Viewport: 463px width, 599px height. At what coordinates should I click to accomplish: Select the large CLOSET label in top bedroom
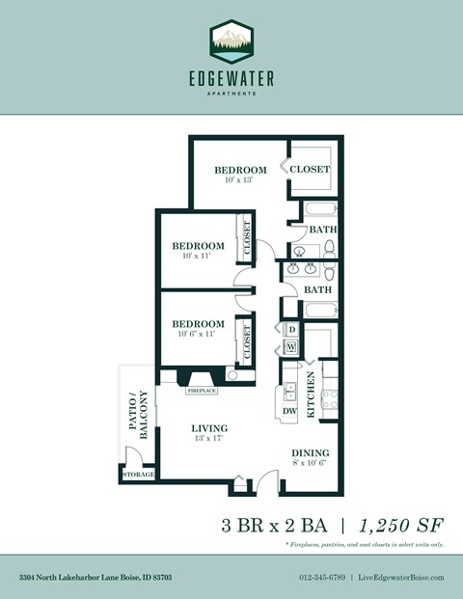tap(311, 170)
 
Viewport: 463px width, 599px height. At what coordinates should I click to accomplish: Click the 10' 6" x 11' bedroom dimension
tap(199, 334)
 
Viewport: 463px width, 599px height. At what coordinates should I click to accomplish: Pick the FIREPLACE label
tap(202, 391)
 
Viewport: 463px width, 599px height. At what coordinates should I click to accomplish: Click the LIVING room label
tap(207, 429)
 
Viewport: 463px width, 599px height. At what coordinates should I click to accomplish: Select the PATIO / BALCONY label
tap(138, 415)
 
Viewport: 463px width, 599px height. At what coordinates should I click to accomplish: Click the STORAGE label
tap(138, 476)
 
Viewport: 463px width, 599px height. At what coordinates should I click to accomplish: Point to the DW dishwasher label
tap(289, 412)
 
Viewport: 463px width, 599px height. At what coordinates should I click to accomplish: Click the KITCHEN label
tap(311, 396)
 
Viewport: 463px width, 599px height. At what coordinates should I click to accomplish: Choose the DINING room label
tap(311, 453)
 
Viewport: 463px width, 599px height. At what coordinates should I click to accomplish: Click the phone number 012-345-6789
tap(321, 577)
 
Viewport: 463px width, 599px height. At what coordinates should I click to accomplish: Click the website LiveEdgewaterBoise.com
tap(401, 577)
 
